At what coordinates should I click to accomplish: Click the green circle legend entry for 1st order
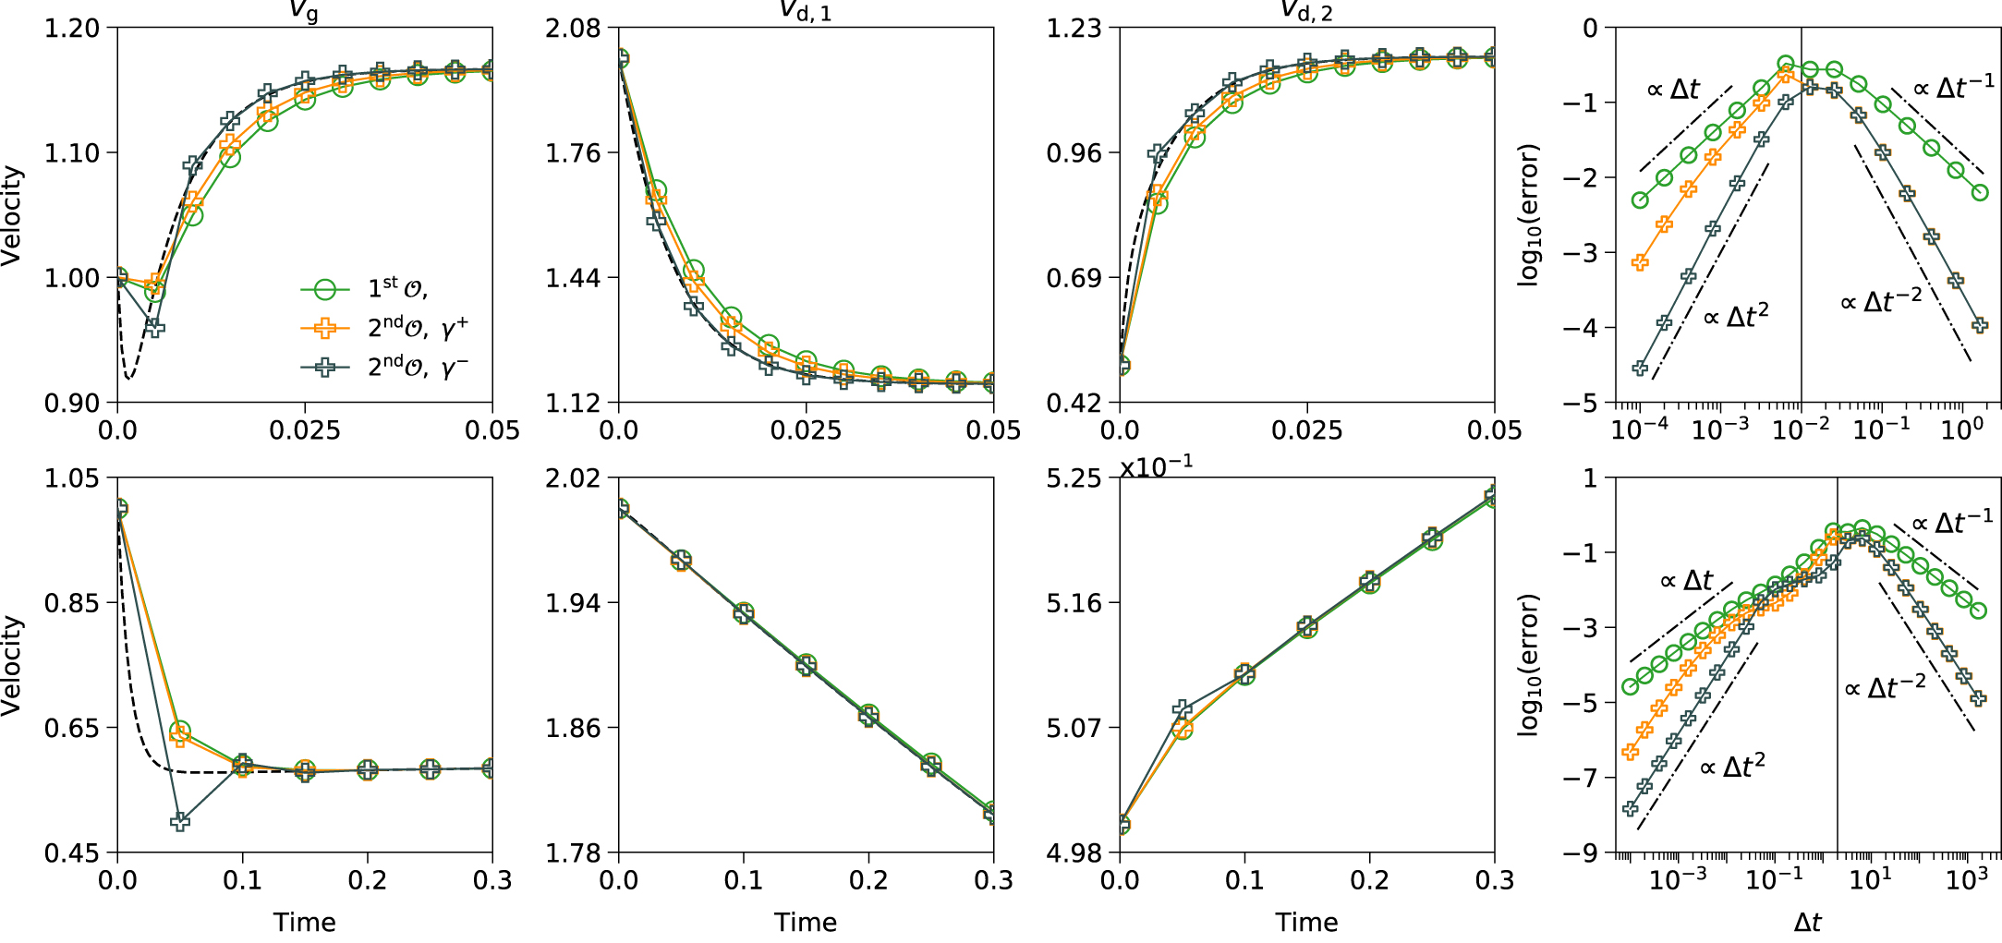[325, 289]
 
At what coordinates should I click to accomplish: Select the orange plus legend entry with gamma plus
[325, 328]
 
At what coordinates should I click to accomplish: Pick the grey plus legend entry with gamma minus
[325, 367]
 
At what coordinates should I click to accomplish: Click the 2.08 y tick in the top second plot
[573, 29]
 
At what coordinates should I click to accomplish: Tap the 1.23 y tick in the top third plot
[1074, 29]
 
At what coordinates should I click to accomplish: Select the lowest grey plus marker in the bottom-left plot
[180, 821]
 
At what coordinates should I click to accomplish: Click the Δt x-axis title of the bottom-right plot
[1807, 923]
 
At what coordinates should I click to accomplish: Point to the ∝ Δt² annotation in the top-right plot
[1736, 317]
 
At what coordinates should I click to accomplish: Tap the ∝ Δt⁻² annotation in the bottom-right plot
[1886, 688]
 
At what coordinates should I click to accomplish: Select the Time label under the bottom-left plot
[305, 923]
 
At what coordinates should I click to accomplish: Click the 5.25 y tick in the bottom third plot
[1074, 478]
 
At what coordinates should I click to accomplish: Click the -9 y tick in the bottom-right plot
[1580, 853]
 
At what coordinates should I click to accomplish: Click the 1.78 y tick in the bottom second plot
[573, 853]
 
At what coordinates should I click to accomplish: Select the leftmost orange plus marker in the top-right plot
[1640, 262]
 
